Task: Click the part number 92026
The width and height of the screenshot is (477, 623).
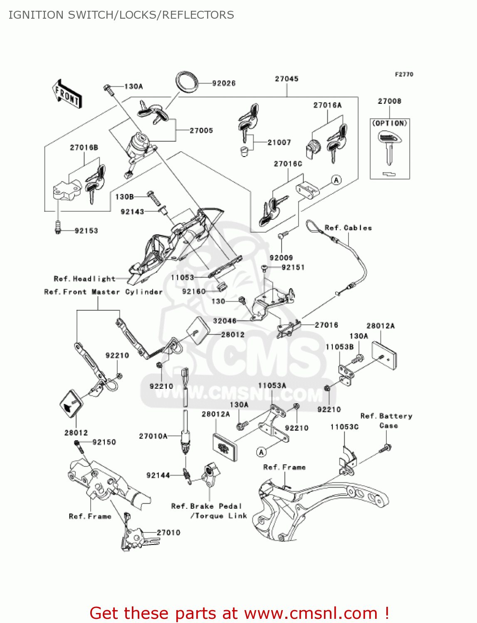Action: click(224, 83)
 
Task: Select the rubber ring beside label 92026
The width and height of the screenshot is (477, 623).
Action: click(187, 81)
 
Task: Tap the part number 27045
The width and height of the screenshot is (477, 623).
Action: click(287, 79)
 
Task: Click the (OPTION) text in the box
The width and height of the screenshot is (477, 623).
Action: click(390, 123)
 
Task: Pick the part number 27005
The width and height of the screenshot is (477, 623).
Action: click(201, 130)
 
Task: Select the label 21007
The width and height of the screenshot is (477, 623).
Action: click(279, 142)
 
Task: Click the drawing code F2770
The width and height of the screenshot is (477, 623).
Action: click(404, 74)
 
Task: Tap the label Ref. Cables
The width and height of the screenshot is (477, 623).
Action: click(348, 228)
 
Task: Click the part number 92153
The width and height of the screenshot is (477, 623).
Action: click(86, 231)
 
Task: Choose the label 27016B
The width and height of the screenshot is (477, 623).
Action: click(84, 147)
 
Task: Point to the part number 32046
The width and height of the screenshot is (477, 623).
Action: click(225, 321)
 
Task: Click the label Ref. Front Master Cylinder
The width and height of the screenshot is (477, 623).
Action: click(103, 292)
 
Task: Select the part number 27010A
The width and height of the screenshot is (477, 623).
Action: click(153, 436)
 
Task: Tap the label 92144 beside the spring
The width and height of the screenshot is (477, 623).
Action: click(158, 475)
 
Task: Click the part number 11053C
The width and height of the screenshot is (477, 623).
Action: click(344, 427)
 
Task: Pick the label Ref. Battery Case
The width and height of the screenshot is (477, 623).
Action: click(387, 421)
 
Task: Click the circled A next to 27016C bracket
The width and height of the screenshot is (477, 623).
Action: click(336, 180)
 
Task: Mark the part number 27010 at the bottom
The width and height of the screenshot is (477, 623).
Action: click(168, 532)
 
